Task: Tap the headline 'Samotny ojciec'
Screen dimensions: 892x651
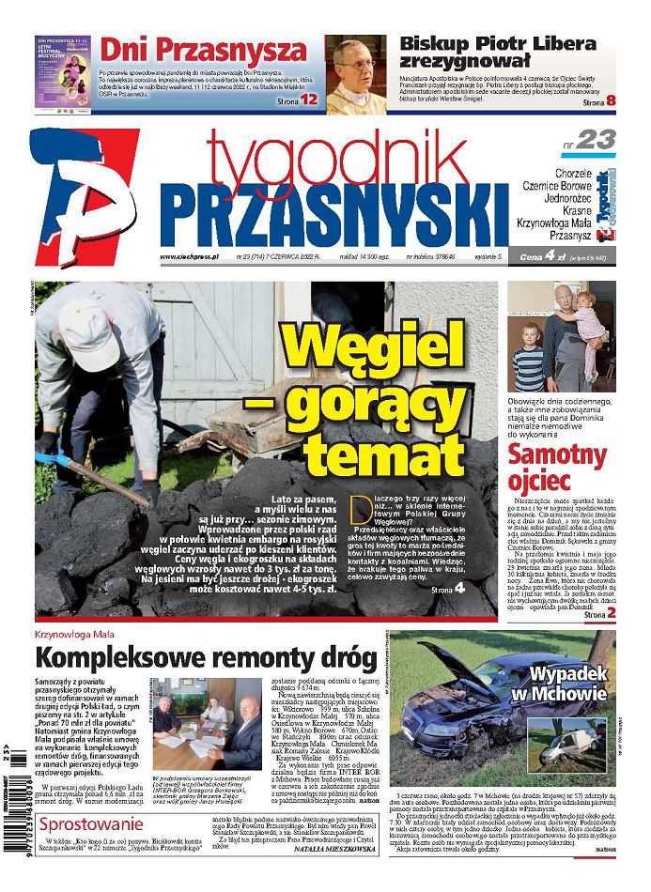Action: [x=558, y=468]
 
